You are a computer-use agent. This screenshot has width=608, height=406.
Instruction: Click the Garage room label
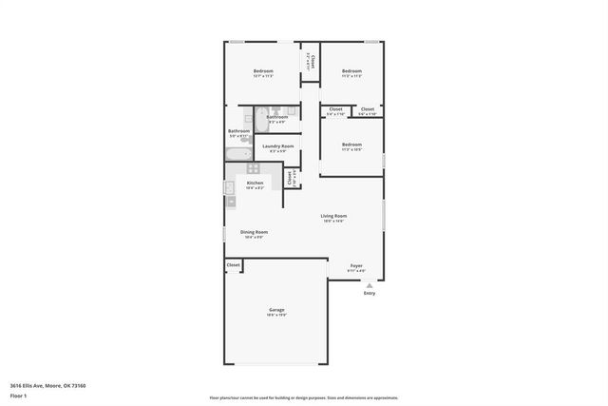(x=276, y=310)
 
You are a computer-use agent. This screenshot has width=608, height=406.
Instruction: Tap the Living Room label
(x=332, y=216)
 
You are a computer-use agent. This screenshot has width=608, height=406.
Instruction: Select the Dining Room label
(x=254, y=232)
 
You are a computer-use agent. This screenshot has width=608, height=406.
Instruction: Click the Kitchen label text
(x=255, y=183)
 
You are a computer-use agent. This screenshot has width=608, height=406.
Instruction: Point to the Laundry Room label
(x=277, y=145)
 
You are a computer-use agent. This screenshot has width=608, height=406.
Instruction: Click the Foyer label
(x=356, y=265)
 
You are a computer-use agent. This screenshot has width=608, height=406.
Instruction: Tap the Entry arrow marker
(x=370, y=284)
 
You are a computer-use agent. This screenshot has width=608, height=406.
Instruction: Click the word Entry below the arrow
(x=370, y=293)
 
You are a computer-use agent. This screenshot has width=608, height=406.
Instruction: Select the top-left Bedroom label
(x=263, y=71)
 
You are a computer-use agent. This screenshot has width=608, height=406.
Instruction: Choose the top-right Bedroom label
(x=351, y=71)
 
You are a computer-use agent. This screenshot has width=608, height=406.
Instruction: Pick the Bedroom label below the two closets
(x=351, y=145)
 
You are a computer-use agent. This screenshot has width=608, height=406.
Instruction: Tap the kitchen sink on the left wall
(x=230, y=187)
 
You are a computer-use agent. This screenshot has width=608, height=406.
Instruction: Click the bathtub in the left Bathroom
(x=238, y=154)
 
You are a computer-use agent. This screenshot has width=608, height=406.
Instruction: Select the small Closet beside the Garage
(x=234, y=265)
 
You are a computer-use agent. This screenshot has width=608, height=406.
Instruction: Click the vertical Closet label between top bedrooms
(x=311, y=60)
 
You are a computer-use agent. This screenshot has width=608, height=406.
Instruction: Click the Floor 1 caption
(x=19, y=396)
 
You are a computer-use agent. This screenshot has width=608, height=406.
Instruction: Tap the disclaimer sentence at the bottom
(x=303, y=397)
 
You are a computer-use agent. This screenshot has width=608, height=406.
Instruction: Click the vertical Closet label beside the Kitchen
(x=290, y=178)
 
